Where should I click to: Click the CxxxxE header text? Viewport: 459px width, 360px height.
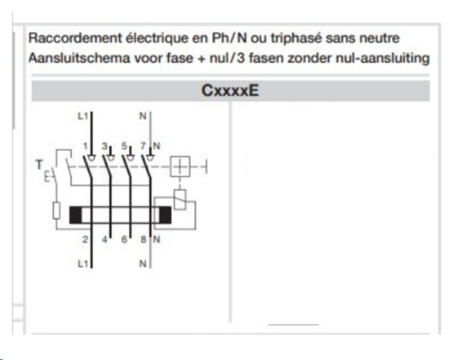coord(230,91)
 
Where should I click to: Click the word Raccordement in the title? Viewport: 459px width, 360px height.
coord(75,38)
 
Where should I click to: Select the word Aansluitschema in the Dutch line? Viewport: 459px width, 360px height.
coord(79,58)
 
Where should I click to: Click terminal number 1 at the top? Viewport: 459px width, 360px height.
coord(85,146)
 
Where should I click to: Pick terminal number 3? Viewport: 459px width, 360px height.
coord(105,146)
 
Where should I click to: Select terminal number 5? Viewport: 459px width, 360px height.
coord(125,146)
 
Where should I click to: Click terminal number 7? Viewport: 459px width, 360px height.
coord(144,146)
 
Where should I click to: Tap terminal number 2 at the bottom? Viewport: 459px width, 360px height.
coord(85,239)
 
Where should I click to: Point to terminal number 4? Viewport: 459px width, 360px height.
coord(105,239)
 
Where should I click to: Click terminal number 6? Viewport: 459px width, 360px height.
coord(125,239)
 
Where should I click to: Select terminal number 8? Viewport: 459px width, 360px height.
coord(144,239)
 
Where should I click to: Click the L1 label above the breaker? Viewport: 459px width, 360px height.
coord(83,116)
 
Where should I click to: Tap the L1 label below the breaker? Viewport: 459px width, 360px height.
coord(83,264)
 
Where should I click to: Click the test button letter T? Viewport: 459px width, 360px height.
coord(39,165)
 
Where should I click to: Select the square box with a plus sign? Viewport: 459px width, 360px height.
coord(180,167)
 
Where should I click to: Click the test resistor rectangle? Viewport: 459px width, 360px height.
coord(57,210)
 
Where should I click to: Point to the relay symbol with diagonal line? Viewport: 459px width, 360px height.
coord(180,200)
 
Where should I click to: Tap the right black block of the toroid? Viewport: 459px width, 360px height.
coord(165,215)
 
